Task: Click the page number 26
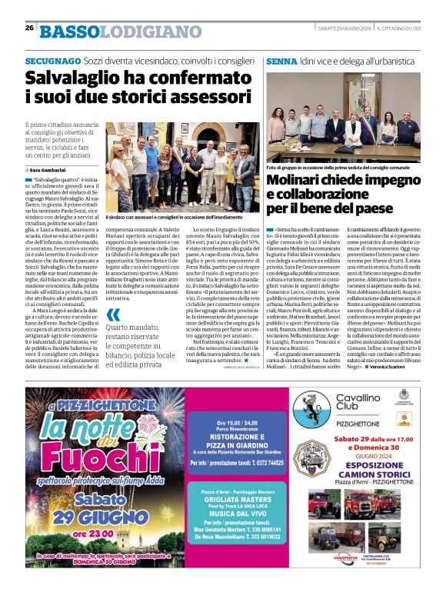pos(29,27)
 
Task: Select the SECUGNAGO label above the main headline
pos(52,60)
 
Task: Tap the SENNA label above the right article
pos(281,60)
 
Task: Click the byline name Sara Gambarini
pos(52,169)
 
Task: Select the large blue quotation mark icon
pos(113,315)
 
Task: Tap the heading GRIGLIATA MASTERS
pos(228,497)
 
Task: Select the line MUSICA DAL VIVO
pos(229,514)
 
